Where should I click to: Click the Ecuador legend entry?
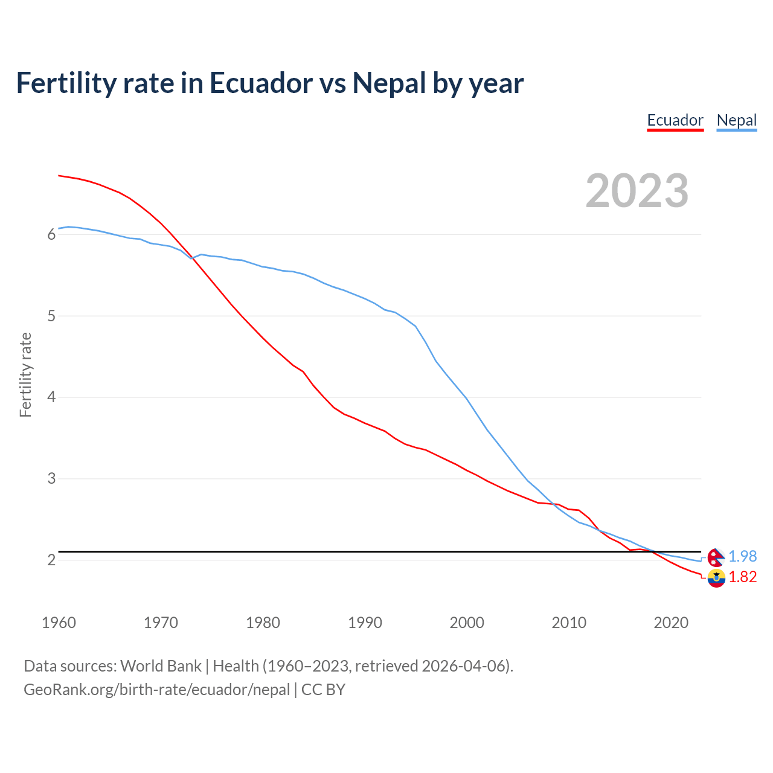tap(675, 120)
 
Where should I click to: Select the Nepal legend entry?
tap(736, 120)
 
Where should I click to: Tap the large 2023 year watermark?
tap(637, 191)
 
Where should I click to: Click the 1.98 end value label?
tap(742, 556)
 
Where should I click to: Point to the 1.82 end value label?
tap(742, 577)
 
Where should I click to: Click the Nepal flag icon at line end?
tap(716, 557)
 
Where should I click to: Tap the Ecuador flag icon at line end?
tap(716, 578)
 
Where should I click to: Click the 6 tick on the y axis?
tap(51, 234)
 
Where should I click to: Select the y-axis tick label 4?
tap(51, 397)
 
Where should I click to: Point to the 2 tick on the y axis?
tap(51, 560)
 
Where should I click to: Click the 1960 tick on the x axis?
tap(59, 623)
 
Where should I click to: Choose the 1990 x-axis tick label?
tap(365, 623)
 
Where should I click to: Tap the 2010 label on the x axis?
tap(569, 623)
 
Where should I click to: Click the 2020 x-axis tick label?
tap(671, 623)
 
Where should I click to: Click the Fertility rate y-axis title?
tap(25, 374)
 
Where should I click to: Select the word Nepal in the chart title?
tap(389, 83)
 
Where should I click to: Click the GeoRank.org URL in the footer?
tap(157, 689)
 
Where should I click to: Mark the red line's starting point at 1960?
tap(59, 175)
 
